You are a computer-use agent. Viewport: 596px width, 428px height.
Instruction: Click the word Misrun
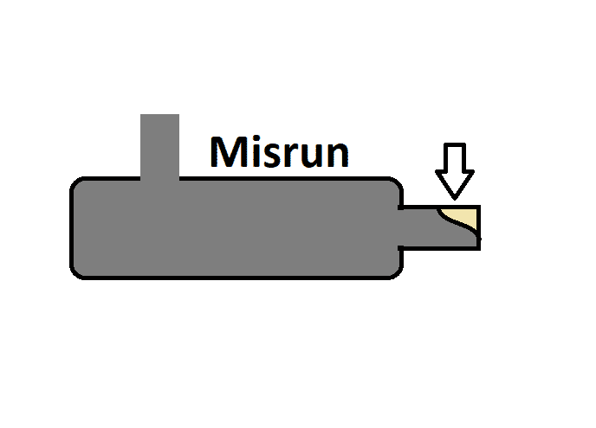tap(279, 152)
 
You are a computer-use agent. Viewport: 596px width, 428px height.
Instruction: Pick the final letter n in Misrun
tap(339, 155)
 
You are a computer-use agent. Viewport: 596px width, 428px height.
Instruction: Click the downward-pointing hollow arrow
tap(455, 170)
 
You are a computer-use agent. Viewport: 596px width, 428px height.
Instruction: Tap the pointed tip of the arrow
tap(455, 199)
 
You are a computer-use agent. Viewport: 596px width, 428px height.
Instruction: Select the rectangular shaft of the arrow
tap(455, 157)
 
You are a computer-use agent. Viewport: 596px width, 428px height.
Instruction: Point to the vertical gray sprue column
tap(159, 146)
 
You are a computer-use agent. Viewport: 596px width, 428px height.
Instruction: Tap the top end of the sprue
tap(159, 115)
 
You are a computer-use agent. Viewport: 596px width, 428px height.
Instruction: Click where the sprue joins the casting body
tap(159, 179)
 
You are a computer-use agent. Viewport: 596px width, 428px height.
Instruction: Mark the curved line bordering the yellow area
tap(457, 224)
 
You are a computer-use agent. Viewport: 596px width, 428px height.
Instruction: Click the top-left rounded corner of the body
tap(77, 183)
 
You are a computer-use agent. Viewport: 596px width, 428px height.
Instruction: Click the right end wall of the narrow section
tap(478, 227)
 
